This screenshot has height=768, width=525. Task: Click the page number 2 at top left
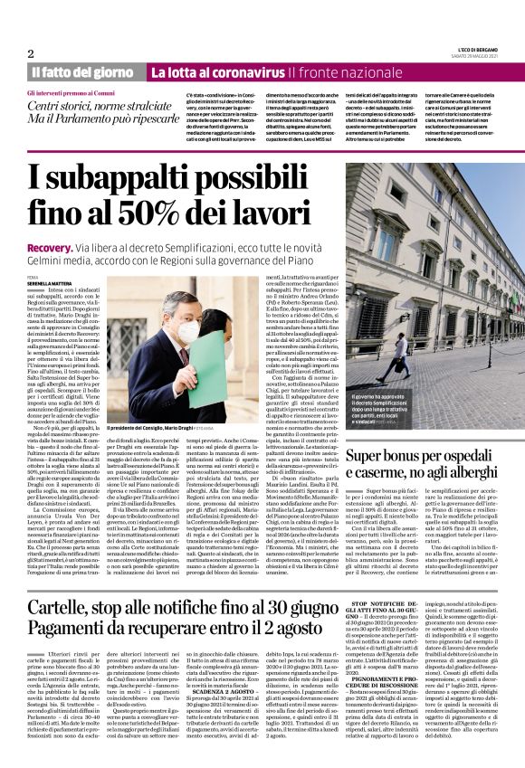[x=30, y=53]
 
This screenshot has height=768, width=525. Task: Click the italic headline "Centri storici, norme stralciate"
[x=91, y=106]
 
